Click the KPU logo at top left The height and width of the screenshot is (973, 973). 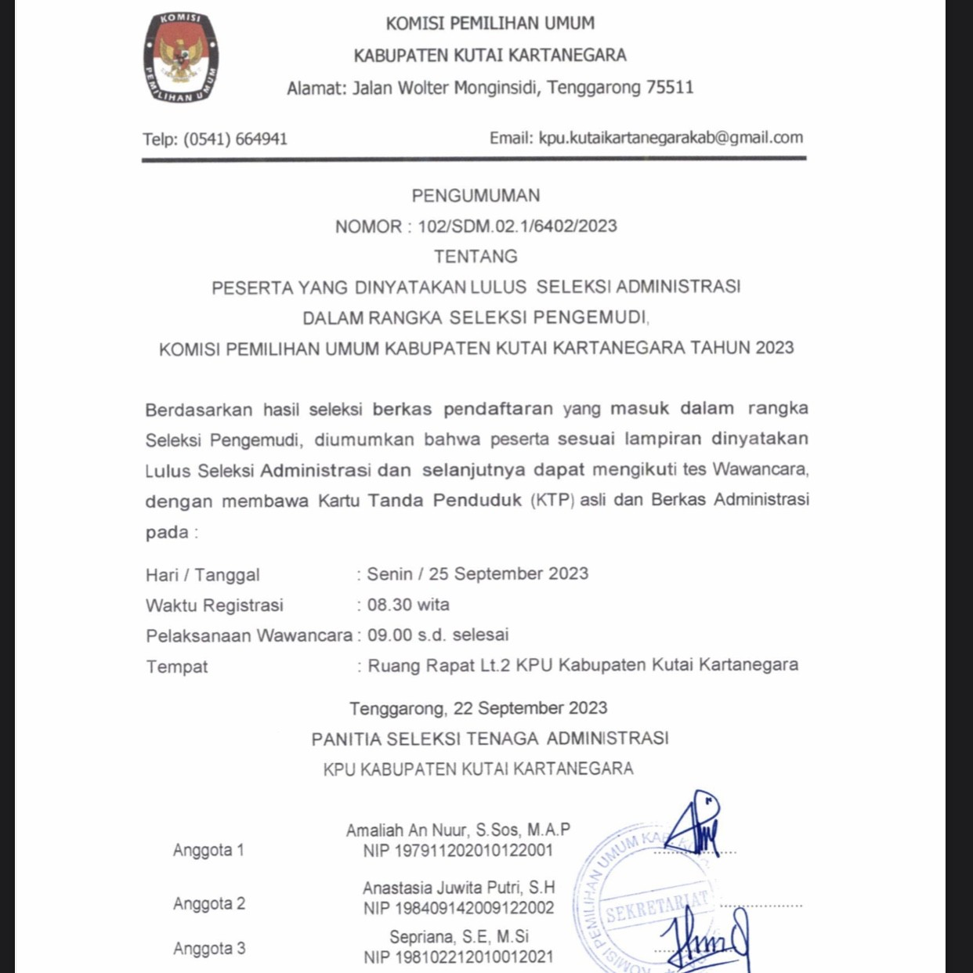tap(181, 58)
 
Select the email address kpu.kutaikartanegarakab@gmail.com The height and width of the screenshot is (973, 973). tap(671, 138)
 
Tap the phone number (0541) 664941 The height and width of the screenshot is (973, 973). tap(235, 139)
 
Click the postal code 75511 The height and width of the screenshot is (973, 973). tap(670, 87)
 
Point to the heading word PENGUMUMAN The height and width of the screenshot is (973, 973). tap(476, 195)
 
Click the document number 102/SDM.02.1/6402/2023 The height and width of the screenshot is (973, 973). tap(517, 226)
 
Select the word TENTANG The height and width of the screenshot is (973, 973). tap(476, 256)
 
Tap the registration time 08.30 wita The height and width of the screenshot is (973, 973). tap(408, 605)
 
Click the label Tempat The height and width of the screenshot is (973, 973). tap(177, 667)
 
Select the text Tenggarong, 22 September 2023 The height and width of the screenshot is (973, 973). tap(478, 708)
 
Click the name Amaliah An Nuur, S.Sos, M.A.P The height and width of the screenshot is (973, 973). tap(458, 830)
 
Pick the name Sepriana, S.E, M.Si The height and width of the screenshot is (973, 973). tap(459, 937)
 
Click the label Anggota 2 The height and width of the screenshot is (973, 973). tap(209, 903)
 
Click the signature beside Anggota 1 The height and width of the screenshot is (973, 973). tap(695, 825)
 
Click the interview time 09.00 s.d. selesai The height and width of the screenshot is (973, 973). tap(438, 635)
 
